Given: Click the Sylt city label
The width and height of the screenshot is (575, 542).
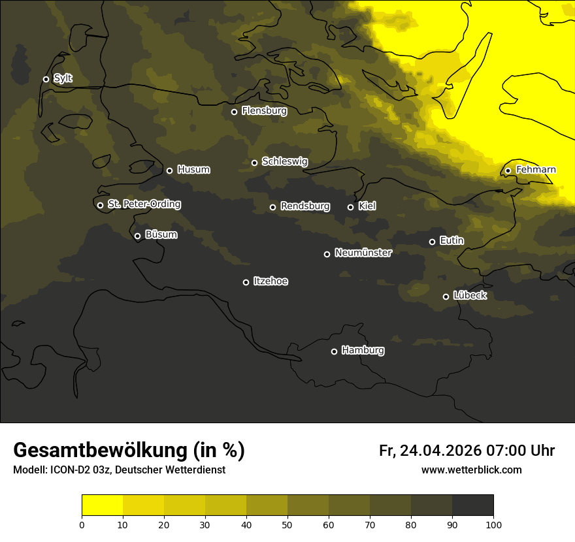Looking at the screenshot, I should [63, 78].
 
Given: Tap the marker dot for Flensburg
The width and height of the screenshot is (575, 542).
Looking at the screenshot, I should [234, 112].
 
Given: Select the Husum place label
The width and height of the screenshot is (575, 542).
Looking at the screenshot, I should [193, 170].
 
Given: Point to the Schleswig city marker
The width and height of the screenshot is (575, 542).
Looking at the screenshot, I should [254, 163].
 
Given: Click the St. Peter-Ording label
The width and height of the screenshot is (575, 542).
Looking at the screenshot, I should [144, 204].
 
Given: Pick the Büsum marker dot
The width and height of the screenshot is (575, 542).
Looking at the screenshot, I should [137, 236].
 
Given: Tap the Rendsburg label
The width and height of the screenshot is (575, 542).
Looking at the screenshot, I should [304, 206].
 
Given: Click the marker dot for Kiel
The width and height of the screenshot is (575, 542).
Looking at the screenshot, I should [350, 207].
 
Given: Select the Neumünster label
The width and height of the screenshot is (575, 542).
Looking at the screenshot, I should [363, 253].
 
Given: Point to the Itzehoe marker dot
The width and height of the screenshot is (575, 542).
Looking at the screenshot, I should [246, 282].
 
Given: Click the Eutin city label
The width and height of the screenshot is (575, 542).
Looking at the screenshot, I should [452, 241].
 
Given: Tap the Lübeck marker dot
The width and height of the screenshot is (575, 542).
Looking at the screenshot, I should [446, 296].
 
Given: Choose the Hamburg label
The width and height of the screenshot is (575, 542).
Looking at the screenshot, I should [363, 351].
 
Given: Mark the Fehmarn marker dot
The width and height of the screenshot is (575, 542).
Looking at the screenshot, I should [508, 170].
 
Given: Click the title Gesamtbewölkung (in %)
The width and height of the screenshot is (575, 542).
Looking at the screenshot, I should [129, 450].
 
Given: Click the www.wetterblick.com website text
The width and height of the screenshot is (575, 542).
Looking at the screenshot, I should [471, 470].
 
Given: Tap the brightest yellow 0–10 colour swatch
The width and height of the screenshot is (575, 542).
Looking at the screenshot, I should [102, 505].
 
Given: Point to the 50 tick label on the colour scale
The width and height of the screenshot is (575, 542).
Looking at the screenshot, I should [287, 524].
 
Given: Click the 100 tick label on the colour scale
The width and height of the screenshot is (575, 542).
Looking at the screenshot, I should [493, 524].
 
